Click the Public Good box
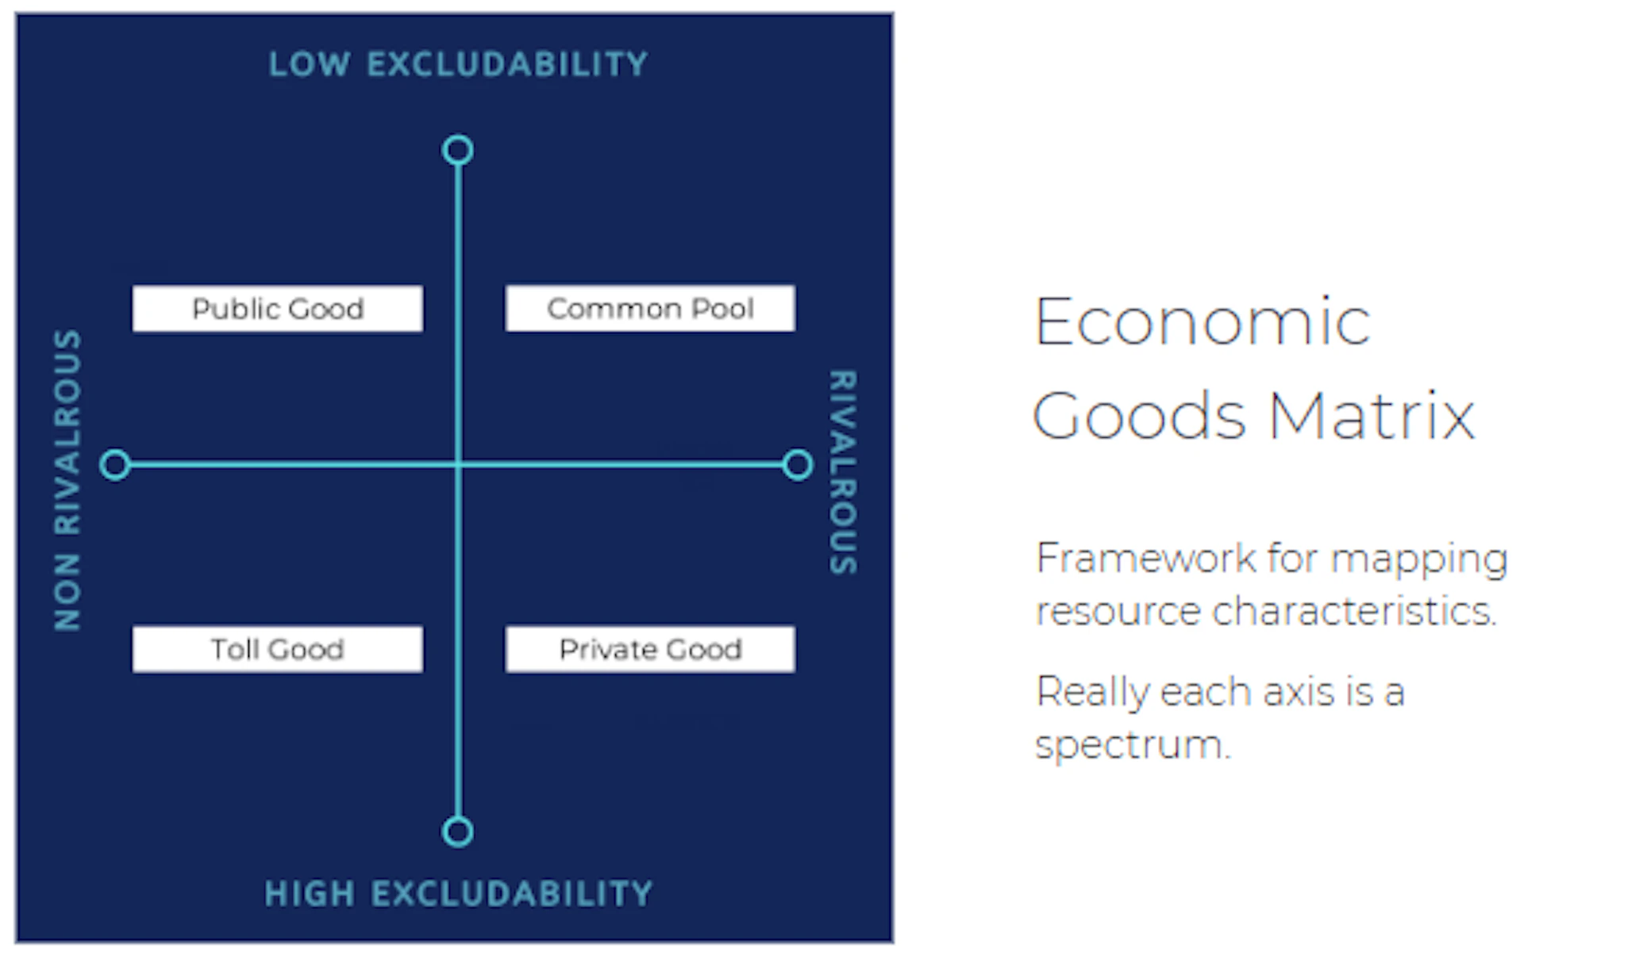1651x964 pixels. point(278,309)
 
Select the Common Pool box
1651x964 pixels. point(650,309)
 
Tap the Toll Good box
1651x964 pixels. point(278,649)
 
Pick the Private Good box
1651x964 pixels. point(650,649)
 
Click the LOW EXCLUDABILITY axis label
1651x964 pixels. point(458,64)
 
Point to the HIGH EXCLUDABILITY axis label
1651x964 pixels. point(459,893)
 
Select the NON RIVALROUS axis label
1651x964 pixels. point(67,480)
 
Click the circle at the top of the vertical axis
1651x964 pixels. point(458,150)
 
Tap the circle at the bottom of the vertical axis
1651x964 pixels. point(457,832)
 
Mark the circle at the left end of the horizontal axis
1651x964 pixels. point(115,465)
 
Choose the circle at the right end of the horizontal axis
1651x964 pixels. point(798,465)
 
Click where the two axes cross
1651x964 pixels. point(458,465)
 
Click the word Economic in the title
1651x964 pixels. point(1202,322)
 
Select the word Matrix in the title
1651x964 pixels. point(1372,415)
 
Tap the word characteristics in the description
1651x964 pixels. point(1354,611)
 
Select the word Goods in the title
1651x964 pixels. point(1139,415)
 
